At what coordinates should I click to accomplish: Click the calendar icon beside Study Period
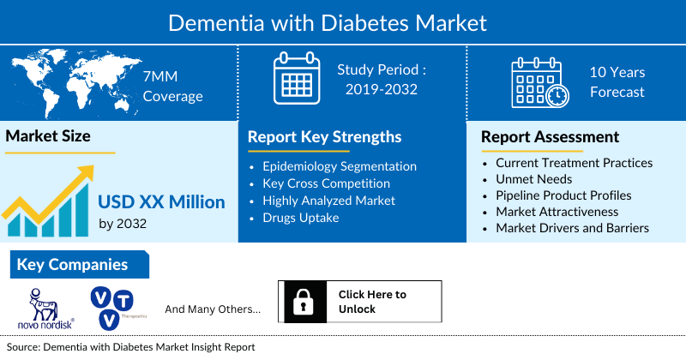(x=295, y=80)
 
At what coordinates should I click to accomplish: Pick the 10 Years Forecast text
(x=617, y=82)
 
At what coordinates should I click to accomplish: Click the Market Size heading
(x=48, y=135)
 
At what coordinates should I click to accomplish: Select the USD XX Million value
(x=161, y=202)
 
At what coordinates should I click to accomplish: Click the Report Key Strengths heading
(x=324, y=137)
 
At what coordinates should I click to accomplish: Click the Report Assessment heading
(x=550, y=137)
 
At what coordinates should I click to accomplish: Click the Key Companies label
(x=72, y=265)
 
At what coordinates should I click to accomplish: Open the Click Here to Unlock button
(x=372, y=302)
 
